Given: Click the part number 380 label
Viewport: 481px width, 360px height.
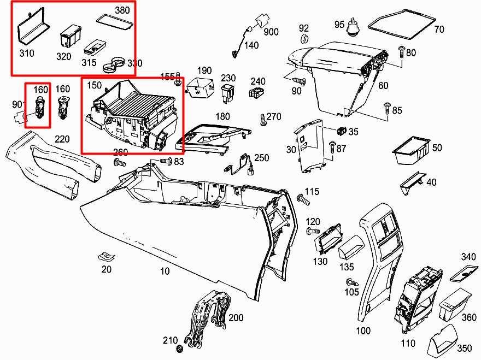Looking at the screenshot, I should pos(122,10).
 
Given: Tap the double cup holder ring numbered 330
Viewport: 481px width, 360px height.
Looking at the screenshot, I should pos(113,64).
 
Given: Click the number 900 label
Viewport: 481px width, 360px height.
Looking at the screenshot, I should pos(271,32).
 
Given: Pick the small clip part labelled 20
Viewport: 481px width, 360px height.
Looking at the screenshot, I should pos(105,257).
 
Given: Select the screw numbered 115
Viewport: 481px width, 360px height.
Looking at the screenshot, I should pos(302,199).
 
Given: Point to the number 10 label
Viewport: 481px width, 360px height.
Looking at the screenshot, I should pos(165,271).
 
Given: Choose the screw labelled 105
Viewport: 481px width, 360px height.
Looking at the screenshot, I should pos(351,283).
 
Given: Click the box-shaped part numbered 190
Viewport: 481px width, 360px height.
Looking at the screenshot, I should pos(200,86).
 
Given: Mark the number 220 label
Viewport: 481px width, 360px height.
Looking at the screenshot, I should pos(62,139).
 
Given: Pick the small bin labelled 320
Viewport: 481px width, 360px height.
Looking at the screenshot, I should pos(69,38).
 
